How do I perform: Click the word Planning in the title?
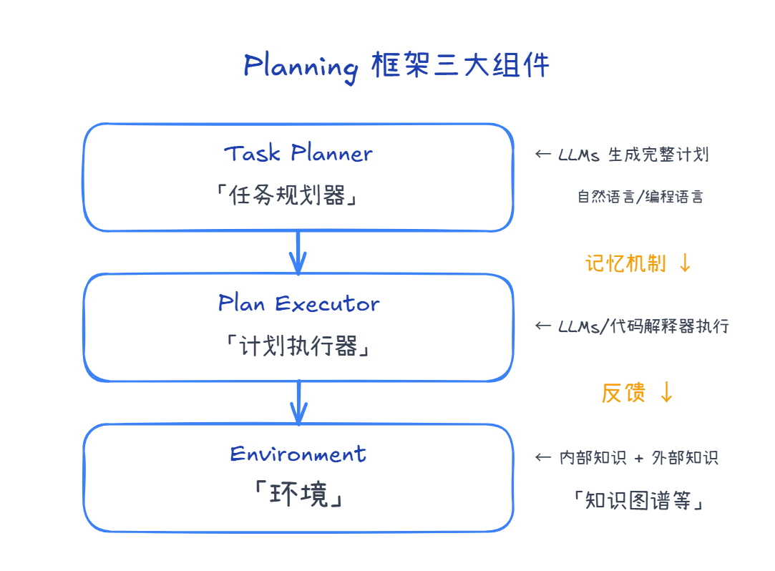click(x=301, y=67)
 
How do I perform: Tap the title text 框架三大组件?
click(x=461, y=65)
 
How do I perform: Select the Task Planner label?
click(x=298, y=153)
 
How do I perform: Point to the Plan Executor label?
click(x=298, y=303)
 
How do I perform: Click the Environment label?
click(x=298, y=454)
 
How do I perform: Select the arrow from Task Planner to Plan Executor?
click(x=298, y=253)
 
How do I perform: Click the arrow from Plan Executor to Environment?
click(x=298, y=403)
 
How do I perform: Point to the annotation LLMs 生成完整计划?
click(x=633, y=155)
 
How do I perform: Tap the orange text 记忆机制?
click(x=625, y=263)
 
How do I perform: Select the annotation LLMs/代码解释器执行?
click(x=643, y=326)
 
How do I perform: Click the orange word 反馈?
click(x=623, y=392)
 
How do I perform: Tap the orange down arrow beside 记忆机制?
click(x=685, y=263)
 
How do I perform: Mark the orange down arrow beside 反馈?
click(x=666, y=392)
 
